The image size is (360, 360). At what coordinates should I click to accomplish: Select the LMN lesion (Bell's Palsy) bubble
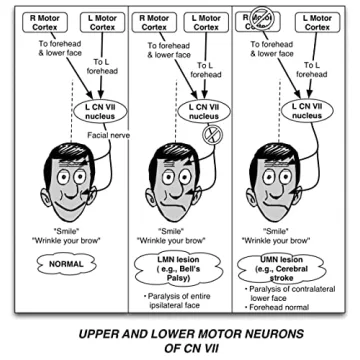(180, 268)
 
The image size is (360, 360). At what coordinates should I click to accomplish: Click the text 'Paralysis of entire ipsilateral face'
(180, 301)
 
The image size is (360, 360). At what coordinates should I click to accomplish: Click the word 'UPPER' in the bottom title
(101, 331)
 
